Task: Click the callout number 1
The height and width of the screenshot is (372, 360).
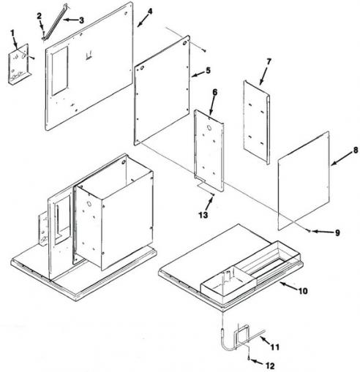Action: point(12,32)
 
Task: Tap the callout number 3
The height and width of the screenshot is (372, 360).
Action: point(81,20)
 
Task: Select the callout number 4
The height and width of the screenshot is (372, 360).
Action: point(150,11)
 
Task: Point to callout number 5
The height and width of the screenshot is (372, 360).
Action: point(208,70)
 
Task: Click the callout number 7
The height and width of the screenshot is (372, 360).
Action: point(269,61)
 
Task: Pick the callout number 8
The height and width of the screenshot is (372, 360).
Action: point(356,150)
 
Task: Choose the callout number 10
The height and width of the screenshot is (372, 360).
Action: point(303,291)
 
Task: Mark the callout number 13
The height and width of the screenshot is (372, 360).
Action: point(203,215)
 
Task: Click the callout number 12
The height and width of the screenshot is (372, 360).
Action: point(270,366)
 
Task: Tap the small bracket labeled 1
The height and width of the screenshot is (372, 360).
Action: point(19,64)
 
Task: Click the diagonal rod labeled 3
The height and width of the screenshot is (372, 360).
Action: point(55,21)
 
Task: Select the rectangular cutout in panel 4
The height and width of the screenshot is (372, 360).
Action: point(60,71)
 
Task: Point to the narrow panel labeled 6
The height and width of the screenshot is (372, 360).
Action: point(209,151)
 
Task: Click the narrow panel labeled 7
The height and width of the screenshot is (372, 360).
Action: point(257,123)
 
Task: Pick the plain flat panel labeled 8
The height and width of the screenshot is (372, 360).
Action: point(304,181)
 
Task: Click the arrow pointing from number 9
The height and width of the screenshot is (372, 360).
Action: point(322,232)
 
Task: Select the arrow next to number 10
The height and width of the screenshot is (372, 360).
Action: point(288,286)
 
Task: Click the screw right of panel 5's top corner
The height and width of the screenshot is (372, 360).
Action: point(205,50)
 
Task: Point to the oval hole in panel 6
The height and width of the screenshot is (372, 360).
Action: point(209,128)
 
